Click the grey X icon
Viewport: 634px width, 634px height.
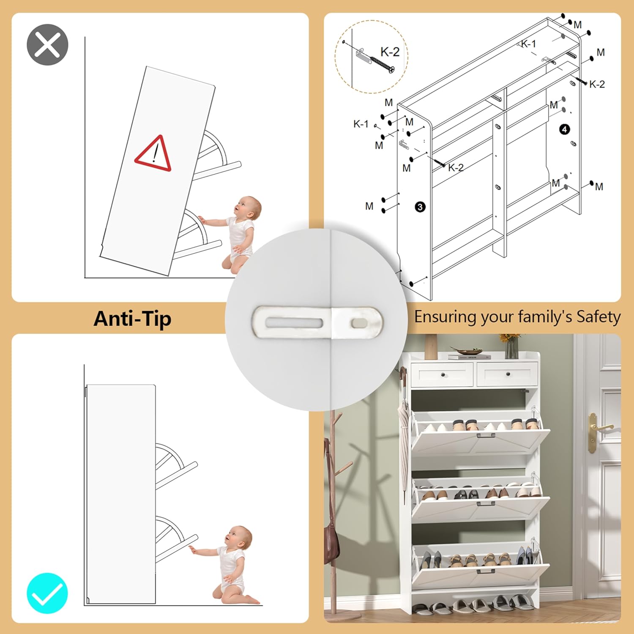point(47,45)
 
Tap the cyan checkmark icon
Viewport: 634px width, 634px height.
point(47,593)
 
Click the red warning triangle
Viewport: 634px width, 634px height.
point(153,153)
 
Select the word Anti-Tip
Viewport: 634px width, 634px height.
point(132,319)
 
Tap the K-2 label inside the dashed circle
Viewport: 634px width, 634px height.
point(390,52)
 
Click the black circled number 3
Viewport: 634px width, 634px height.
point(420,207)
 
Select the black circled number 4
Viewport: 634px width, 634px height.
point(565,129)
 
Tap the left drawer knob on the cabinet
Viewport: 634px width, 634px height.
point(443,374)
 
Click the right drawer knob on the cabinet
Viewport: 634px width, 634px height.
point(508,374)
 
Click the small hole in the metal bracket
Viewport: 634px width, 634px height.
point(358,323)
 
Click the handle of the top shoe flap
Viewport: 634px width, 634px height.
point(486,435)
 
